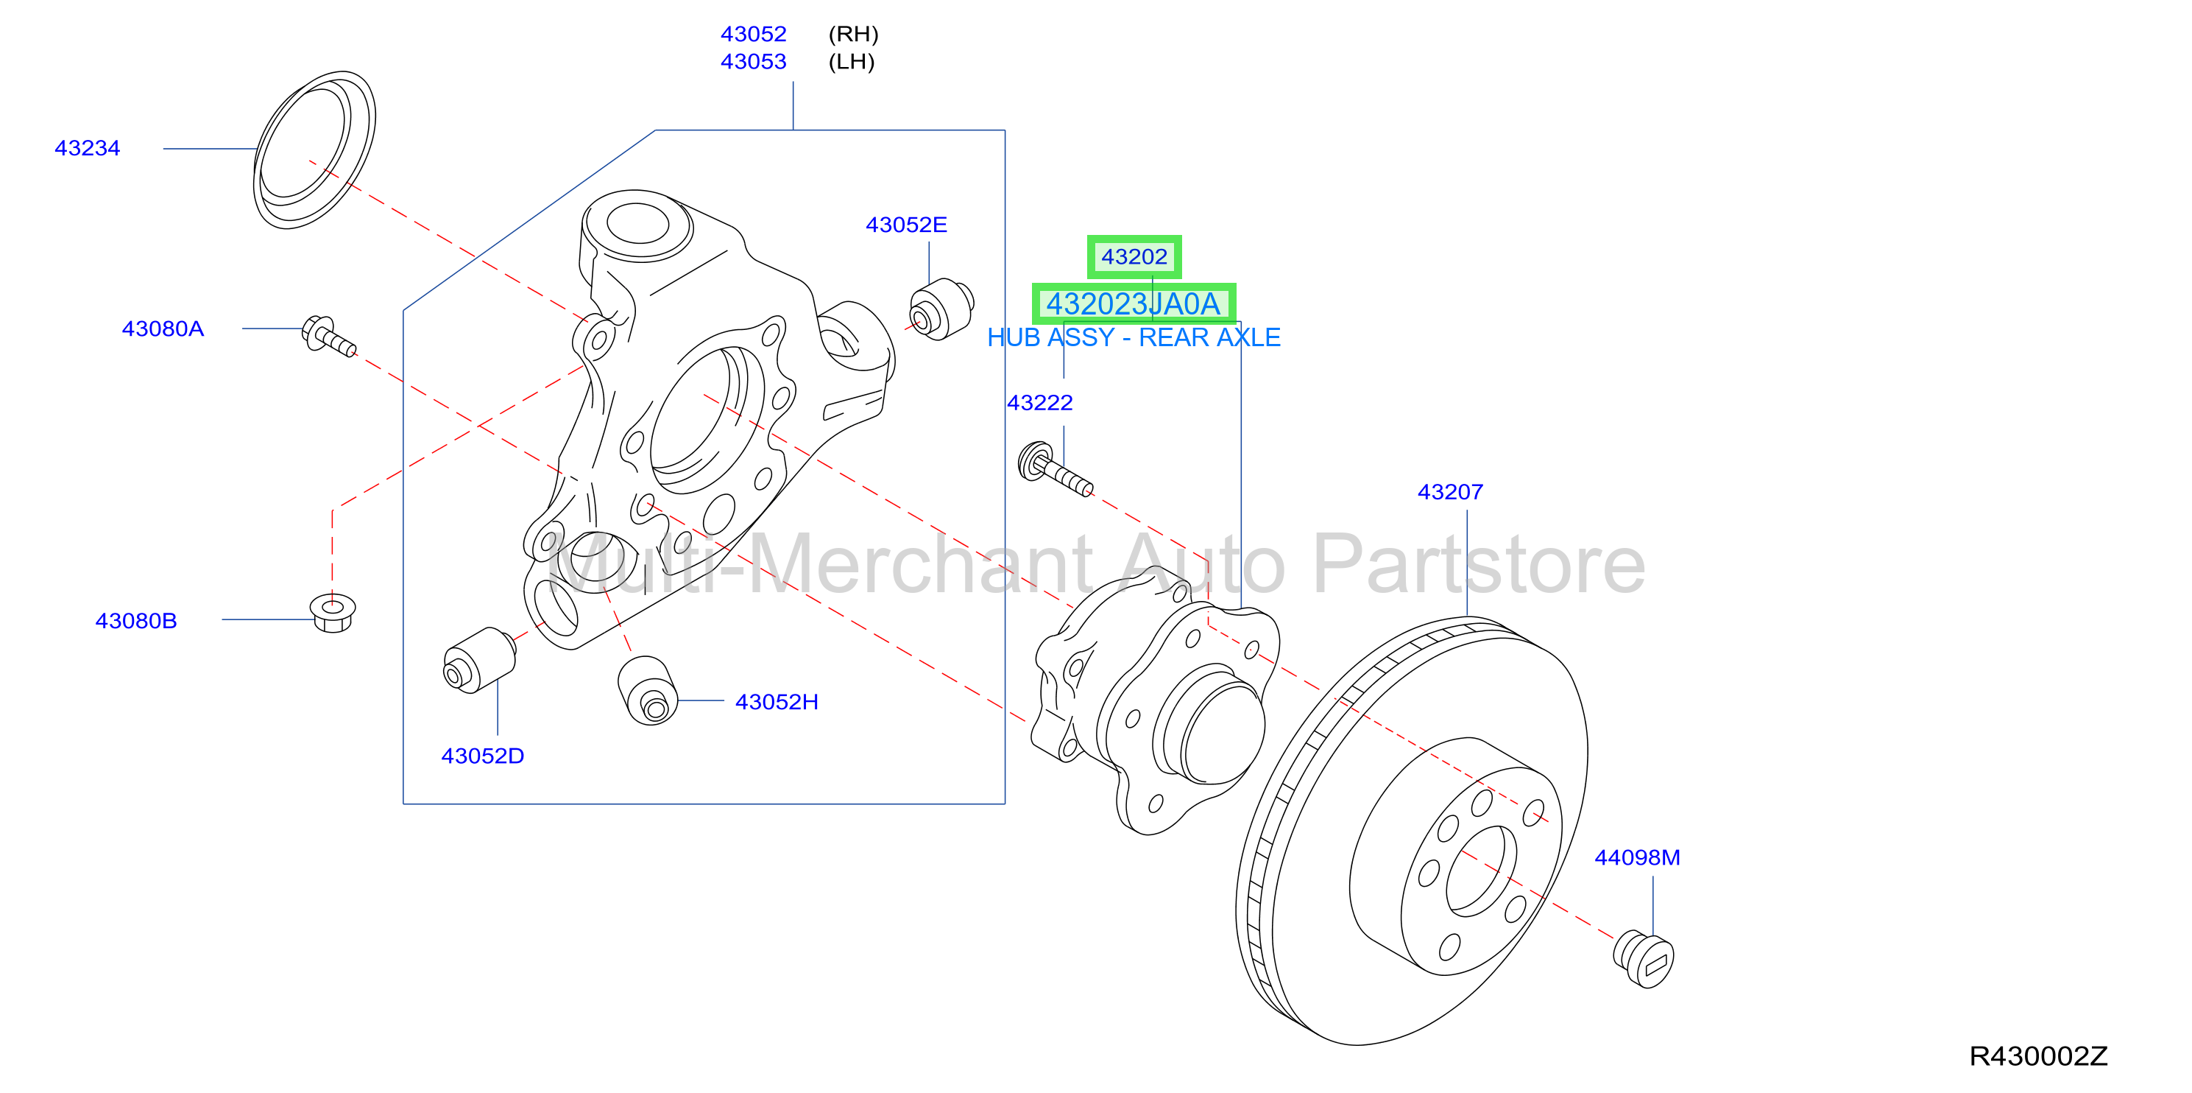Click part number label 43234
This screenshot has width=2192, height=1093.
coord(88,148)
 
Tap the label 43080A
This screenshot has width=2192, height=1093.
coord(163,328)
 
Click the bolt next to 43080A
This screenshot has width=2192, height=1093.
coord(328,337)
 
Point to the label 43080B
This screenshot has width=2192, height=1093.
coord(136,621)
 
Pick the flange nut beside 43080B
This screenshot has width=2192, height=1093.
coord(333,613)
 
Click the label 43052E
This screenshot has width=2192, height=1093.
coord(906,225)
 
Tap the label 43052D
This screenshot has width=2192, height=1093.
coord(482,756)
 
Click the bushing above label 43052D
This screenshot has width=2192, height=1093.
coord(480,661)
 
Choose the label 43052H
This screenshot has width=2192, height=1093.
coord(777,701)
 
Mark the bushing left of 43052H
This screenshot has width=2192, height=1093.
coord(648,690)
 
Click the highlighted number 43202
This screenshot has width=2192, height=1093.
coord(1134,256)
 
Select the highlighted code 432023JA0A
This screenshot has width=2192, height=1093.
coord(1134,304)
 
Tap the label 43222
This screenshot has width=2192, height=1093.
coord(1040,403)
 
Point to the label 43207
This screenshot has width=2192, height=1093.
coord(1450,492)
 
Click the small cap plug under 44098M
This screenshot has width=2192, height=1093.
coord(1644,960)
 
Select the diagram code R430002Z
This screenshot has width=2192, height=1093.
coord(2038,1056)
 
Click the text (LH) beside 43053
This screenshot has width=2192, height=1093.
coord(852,61)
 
